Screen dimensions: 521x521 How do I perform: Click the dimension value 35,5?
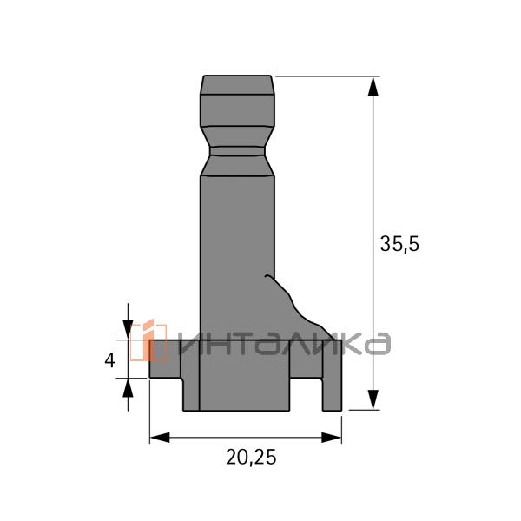click(399, 245)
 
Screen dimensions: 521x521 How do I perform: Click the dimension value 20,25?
click(251, 458)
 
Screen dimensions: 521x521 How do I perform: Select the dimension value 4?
click(110, 360)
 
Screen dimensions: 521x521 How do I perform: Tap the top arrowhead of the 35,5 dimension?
click(373, 86)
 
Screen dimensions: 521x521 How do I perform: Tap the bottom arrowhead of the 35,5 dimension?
click(373, 399)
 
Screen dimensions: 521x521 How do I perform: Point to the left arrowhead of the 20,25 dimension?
click(160, 438)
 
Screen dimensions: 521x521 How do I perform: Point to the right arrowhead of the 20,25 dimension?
click(332, 438)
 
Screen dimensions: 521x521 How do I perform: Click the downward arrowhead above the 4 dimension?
click(128, 330)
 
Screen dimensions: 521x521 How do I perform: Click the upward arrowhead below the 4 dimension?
click(128, 388)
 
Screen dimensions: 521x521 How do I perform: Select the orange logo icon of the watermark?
click(148, 340)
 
